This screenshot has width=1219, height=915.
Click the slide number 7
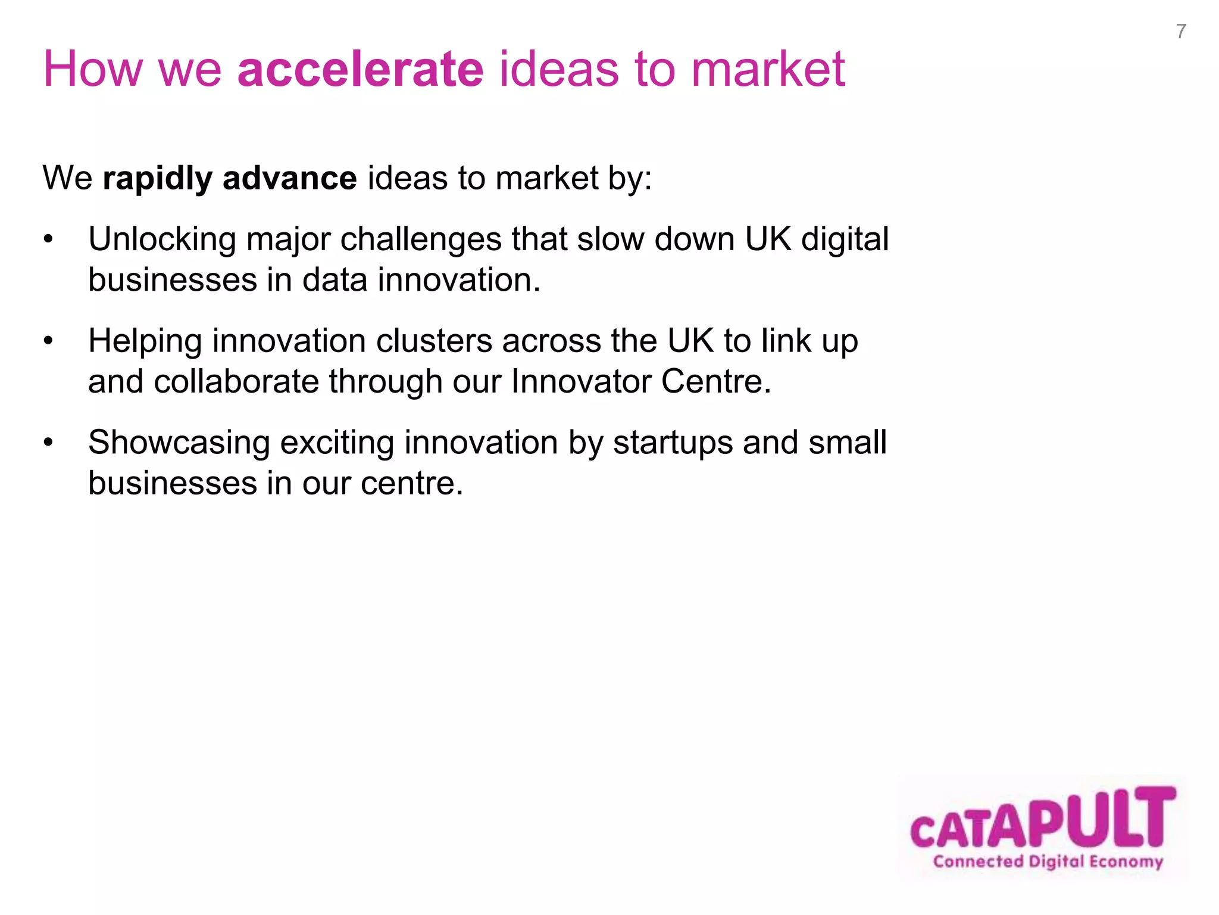coord(1181,31)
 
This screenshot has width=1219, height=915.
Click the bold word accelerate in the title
coord(360,69)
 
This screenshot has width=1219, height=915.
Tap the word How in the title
coord(93,69)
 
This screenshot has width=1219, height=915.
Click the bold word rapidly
coord(157,179)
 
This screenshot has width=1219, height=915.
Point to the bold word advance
coord(289,178)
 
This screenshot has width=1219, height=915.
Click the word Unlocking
coord(162,240)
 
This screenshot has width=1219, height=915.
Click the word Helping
coord(145,342)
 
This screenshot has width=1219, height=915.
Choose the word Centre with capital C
coord(715,382)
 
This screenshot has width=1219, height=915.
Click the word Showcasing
coord(179,443)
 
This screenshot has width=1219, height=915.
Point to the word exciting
coord(337,443)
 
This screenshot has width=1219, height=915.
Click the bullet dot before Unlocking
coord(48,240)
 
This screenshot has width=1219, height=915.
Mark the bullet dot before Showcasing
coord(48,443)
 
